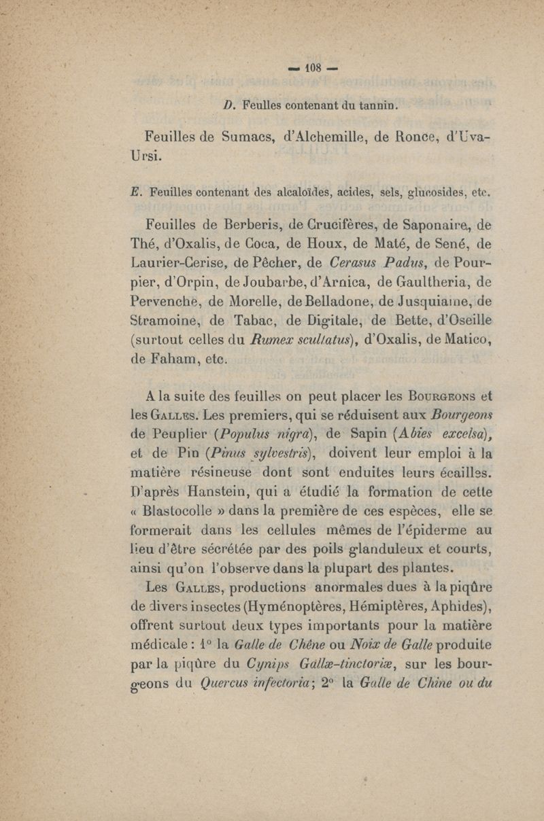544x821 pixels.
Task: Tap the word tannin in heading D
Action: coord(373,105)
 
